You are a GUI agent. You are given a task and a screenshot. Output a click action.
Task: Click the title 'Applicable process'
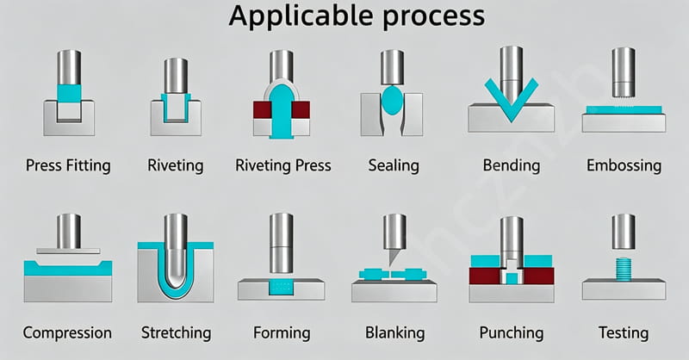point(357,16)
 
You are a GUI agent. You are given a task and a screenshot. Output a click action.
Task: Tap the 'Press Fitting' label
point(68,165)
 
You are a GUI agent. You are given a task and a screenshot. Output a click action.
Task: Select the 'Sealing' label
point(394,165)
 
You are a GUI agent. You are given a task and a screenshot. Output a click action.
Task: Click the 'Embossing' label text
point(624,165)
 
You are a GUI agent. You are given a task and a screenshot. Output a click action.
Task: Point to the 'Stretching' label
point(177,332)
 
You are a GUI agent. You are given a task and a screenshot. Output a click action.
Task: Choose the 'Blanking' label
point(394,332)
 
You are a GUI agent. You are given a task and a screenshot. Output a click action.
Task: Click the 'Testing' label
point(623,332)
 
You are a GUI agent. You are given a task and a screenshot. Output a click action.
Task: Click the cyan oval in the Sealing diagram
point(392,100)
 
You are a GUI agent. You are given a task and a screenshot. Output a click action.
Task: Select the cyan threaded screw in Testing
point(623,269)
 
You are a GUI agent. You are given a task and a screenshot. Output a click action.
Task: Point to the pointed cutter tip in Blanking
point(391,265)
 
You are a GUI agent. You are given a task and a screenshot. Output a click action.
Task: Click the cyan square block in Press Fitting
point(69,93)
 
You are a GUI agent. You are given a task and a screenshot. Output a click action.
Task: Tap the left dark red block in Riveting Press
point(262,110)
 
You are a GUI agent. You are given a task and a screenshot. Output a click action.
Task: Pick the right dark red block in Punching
point(539,276)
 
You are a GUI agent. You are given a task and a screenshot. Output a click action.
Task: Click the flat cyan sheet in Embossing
point(624,110)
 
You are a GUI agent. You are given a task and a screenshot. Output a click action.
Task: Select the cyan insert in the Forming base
point(282,287)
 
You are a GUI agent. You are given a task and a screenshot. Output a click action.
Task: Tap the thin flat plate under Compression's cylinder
point(68,251)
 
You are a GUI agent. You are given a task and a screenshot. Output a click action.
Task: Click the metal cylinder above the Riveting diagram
point(176,76)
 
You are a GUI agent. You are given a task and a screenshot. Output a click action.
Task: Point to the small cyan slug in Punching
point(512,278)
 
